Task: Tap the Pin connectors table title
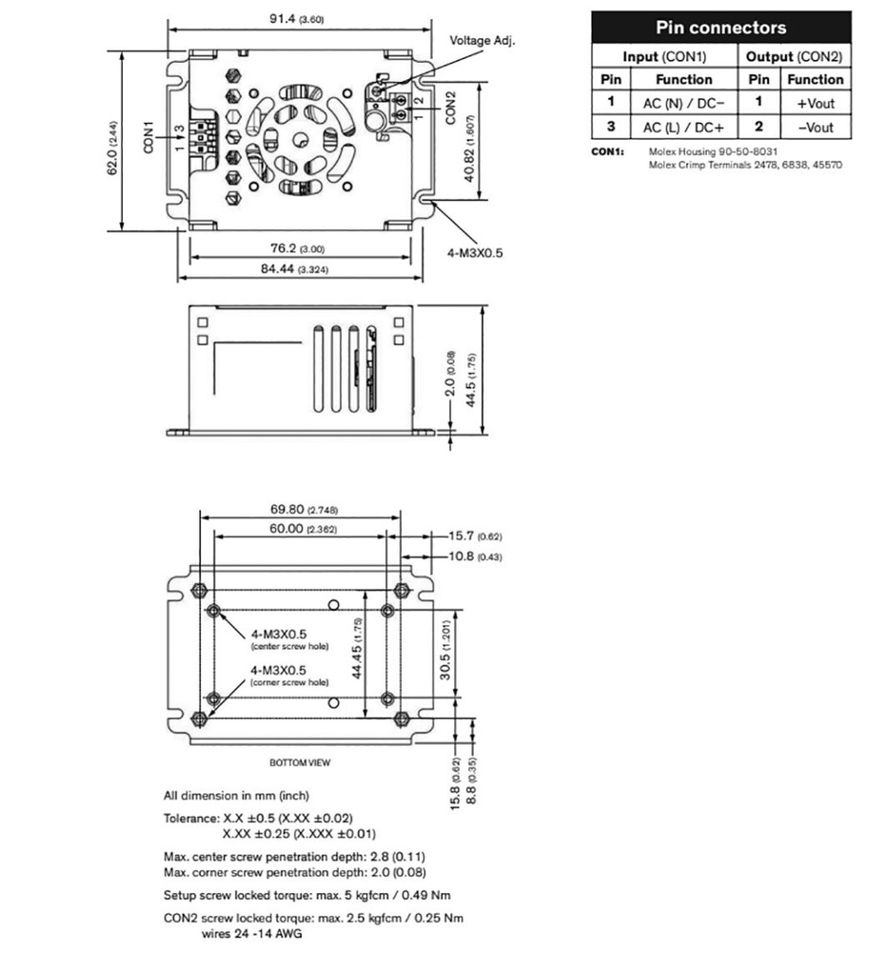pos(720,27)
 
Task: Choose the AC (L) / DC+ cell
pos(683,127)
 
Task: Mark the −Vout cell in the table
pos(815,127)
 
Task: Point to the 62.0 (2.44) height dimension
pos(112,147)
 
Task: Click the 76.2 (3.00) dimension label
pos(297,248)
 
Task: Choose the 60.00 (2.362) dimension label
pos(299,528)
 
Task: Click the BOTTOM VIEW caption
pos(300,763)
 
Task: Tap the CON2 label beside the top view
pos(450,107)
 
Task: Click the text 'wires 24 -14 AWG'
pos(252,933)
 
